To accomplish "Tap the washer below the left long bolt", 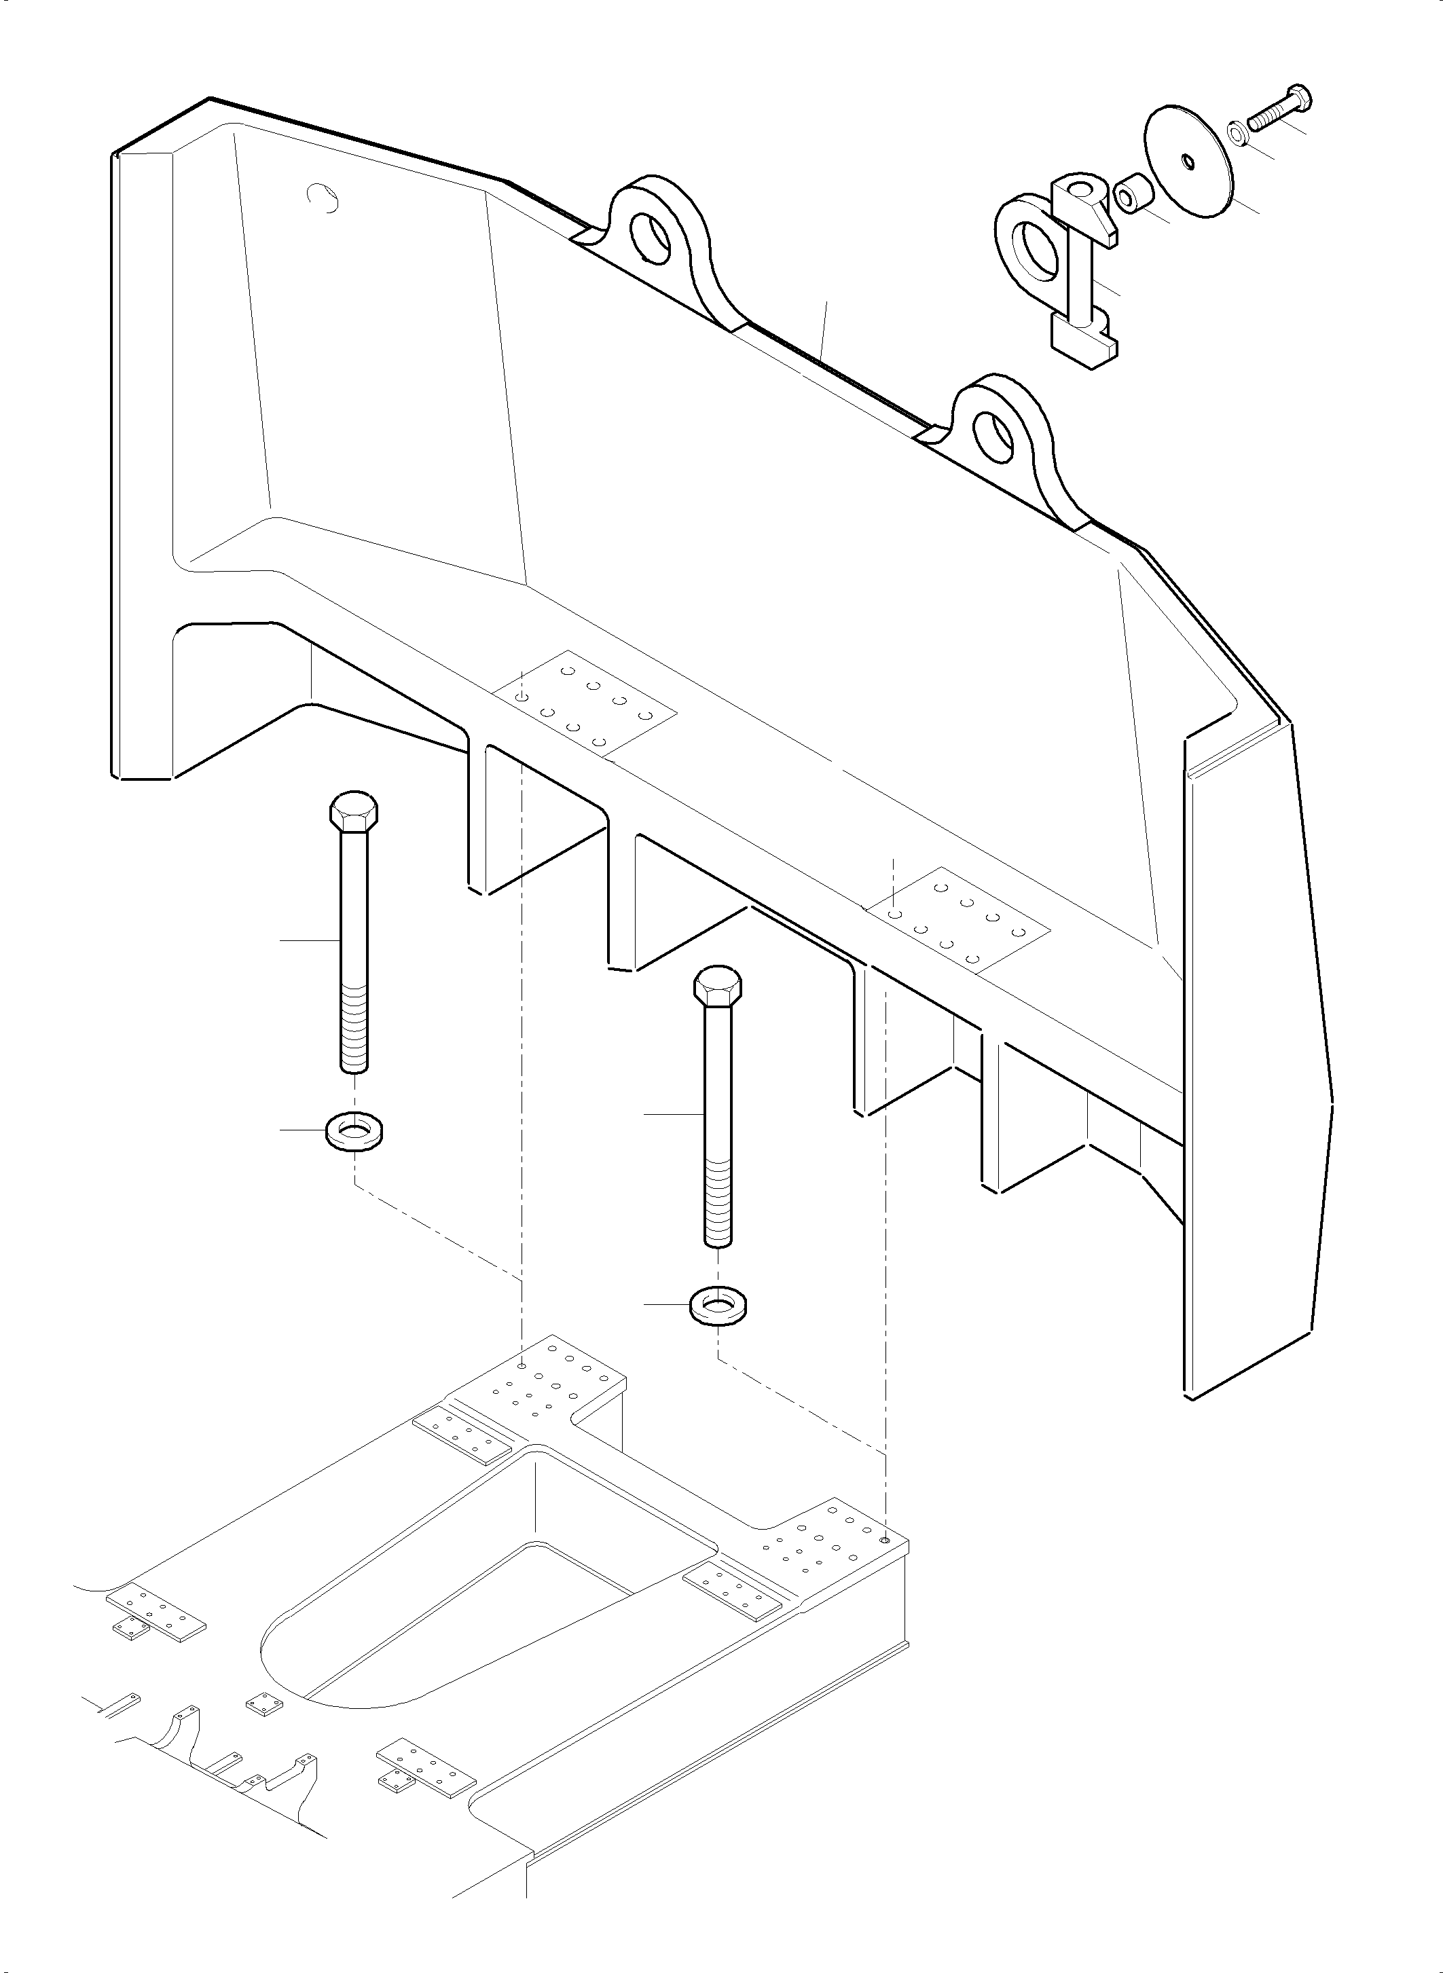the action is tap(357, 1132).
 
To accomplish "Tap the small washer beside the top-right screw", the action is tap(1238, 134).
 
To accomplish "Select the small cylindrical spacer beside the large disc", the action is tap(1132, 195).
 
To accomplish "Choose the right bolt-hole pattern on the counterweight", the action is tap(957, 918).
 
